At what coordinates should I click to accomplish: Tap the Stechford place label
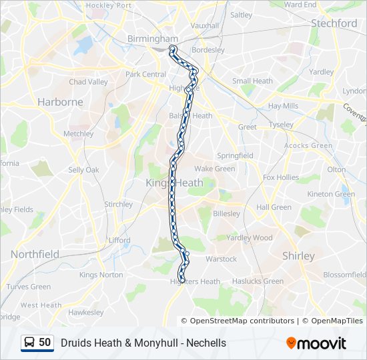click(334, 23)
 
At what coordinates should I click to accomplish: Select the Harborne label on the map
click(61, 102)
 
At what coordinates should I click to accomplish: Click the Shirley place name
click(298, 256)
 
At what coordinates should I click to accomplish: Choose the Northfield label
click(35, 254)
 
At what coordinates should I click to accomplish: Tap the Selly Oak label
click(83, 170)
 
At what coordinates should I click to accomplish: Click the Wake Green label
click(215, 169)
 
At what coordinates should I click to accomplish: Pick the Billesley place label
click(227, 214)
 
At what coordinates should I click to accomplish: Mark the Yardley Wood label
click(250, 237)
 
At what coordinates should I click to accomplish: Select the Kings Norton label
click(101, 275)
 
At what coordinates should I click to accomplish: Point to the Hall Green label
click(274, 207)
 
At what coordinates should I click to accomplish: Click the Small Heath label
click(252, 81)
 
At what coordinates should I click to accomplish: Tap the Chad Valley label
click(88, 82)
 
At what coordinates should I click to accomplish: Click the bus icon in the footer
click(29, 343)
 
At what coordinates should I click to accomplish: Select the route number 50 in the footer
click(45, 343)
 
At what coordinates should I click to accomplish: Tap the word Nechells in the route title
click(206, 343)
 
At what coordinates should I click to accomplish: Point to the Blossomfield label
click(344, 274)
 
